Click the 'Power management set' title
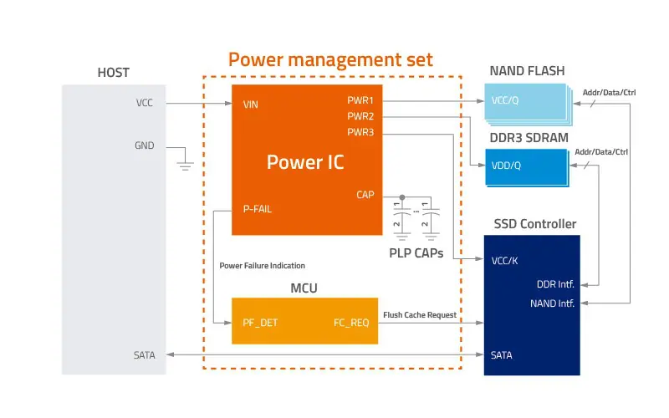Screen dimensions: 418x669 tap(331, 59)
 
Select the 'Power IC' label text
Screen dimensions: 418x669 tap(305, 161)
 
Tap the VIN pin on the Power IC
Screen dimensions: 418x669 tap(250, 104)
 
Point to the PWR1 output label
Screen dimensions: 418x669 tap(360, 99)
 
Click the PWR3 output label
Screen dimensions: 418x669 tap(360, 132)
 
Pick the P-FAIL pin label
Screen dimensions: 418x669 tap(257, 209)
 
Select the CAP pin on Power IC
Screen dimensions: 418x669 tap(365, 195)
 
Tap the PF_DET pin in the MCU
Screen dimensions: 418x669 tap(260, 320)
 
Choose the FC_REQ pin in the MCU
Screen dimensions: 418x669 tap(351, 320)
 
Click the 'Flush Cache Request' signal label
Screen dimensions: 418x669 tap(420, 314)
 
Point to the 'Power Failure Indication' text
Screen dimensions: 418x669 tap(263, 266)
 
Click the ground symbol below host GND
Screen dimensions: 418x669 tap(186, 164)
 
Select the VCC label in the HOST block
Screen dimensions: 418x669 tap(145, 104)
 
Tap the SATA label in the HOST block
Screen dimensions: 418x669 tap(144, 355)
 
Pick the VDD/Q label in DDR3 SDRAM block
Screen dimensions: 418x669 tap(507, 166)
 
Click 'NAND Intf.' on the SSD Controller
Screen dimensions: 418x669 tap(552, 303)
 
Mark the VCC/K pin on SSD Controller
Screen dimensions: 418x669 tap(505, 260)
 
